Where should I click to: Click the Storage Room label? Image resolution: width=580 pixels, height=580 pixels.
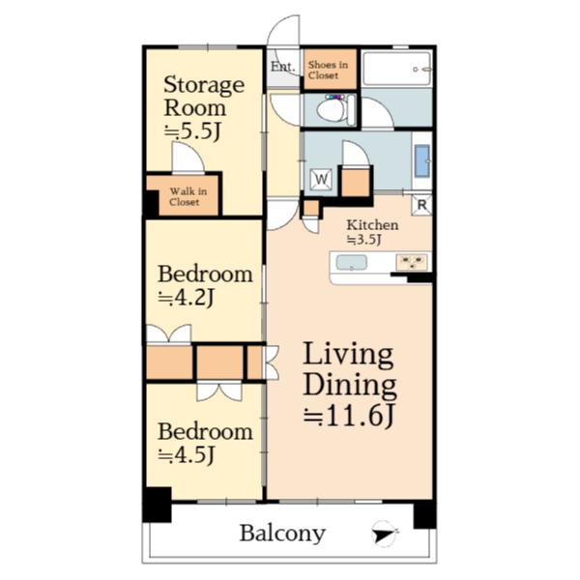[x=204, y=96]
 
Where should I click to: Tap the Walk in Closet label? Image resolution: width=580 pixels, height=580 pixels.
[x=188, y=196]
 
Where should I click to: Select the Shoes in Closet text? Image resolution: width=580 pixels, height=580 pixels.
[x=328, y=70]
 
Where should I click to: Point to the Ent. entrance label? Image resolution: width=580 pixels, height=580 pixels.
[x=283, y=67]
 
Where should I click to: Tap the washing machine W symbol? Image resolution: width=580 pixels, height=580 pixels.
[x=321, y=180]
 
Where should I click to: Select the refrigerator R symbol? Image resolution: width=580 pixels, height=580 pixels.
[x=422, y=205]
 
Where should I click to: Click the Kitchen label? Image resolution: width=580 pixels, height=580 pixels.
[x=372, y=225]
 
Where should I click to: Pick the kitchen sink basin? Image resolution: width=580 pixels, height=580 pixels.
[x=352, y=263]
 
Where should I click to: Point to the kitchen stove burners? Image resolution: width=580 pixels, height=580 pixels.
[x=412, y=262]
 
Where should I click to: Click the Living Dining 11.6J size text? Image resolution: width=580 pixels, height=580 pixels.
[x=349, y=416]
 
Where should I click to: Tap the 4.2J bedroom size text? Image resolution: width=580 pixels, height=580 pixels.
[x=186, y=298]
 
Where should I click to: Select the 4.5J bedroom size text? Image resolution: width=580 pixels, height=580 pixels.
[x=187, y=454]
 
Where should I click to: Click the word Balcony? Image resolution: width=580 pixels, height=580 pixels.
[x=282, y=534]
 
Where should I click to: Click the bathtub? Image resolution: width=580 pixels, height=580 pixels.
[x=396, y=69]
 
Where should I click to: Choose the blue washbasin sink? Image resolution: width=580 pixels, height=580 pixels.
[x=422, y=160]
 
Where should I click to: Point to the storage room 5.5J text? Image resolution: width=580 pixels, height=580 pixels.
[x=192, y=131]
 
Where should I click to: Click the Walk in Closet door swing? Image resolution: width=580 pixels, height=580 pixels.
[x=188, y=158]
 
